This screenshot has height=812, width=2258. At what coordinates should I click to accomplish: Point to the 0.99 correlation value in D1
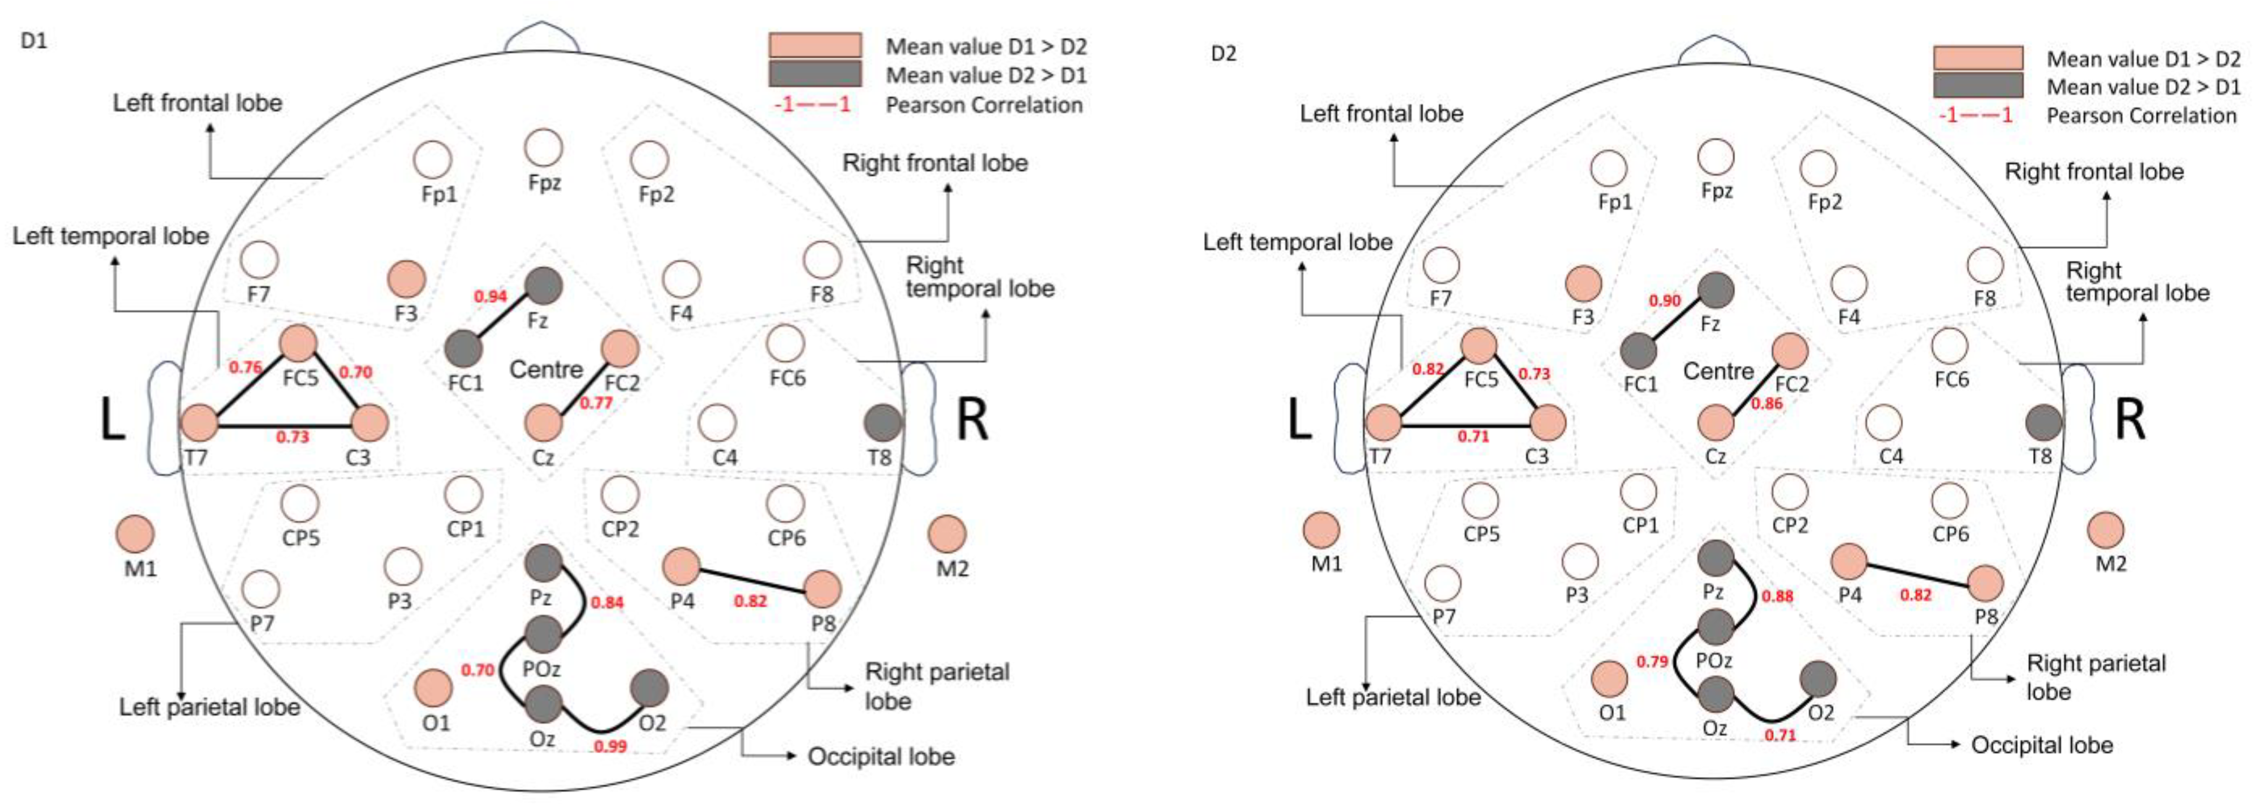[x=610, y=746]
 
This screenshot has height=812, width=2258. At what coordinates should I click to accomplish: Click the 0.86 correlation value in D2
[x=1766, y=404]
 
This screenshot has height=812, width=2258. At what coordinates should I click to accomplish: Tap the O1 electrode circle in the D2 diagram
[x=1609, y=679]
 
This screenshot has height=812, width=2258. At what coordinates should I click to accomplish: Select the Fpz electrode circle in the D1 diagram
[x=543, y=147]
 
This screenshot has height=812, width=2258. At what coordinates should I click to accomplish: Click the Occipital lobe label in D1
[x=881, y=756]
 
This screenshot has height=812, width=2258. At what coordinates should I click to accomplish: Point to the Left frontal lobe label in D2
[x=1382, y=113]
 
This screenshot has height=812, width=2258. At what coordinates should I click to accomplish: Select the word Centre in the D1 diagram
[x=546, y=369]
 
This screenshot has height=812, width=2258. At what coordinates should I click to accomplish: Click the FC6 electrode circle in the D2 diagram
[x=1950, y=345]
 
